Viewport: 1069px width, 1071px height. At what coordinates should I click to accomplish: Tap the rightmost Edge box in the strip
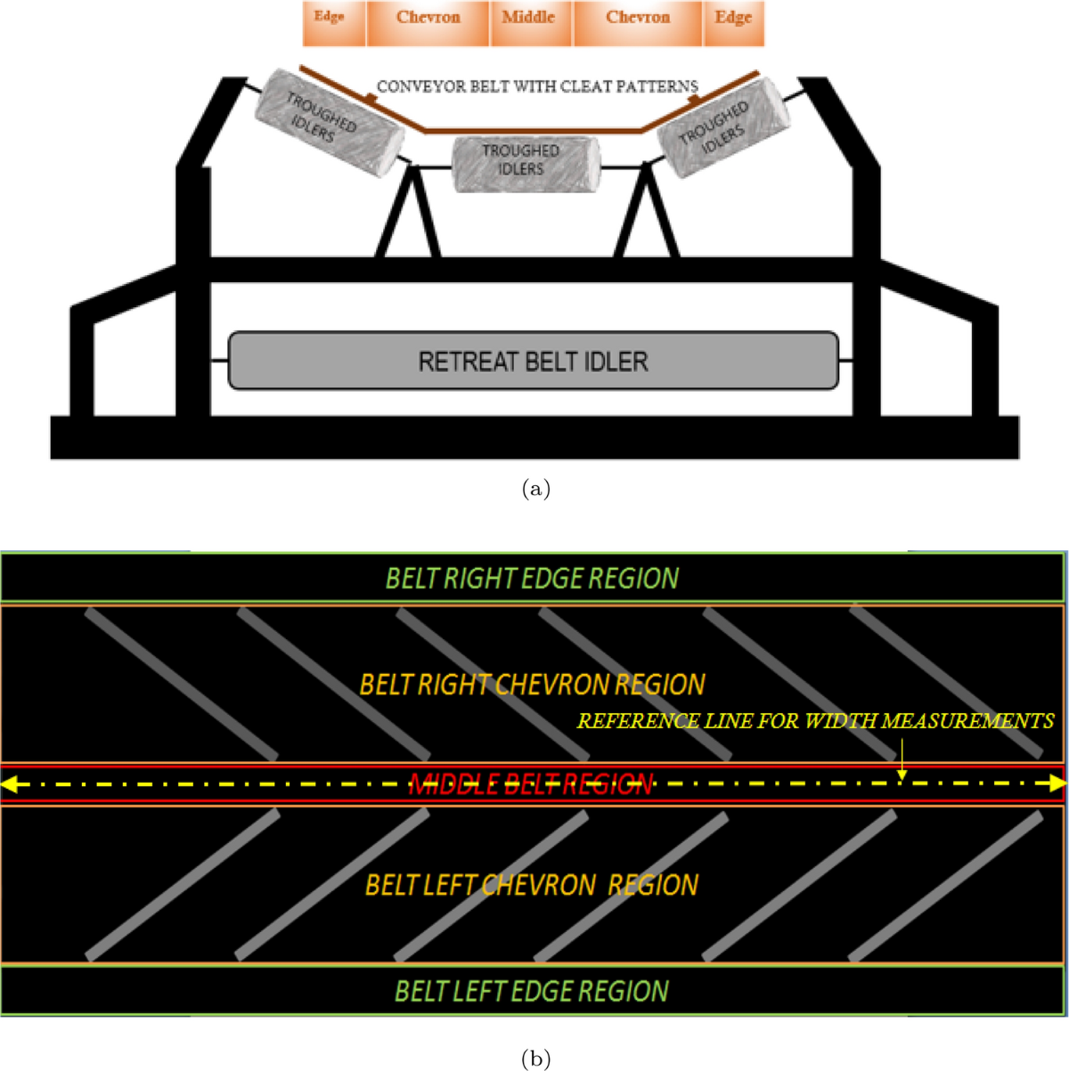[734, 24]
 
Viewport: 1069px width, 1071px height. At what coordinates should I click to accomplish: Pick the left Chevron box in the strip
[428, 24]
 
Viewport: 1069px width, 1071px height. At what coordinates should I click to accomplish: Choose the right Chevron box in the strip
[639, 24]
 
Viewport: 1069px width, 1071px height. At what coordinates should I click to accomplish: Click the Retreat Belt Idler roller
[533, 361]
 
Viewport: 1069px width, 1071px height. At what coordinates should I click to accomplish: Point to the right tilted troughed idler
[722, 124]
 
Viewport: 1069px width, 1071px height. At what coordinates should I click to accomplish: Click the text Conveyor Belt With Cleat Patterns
[537, 86]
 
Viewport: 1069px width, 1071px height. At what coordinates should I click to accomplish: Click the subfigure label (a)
[535, 489]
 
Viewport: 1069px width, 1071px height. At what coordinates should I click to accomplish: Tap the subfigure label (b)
[534, 1058]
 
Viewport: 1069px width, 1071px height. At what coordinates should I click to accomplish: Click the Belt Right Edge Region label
[532, 579]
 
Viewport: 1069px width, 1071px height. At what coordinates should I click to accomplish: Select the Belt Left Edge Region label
[532, 991]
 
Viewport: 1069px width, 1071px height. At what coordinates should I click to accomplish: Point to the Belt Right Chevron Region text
[532, 685]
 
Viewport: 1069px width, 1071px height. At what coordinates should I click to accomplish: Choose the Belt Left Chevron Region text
[532, 885]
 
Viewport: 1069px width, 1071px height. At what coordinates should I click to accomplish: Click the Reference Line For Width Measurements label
[815, 721]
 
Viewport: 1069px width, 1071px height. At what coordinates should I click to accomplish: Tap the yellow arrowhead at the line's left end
[9, 784]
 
